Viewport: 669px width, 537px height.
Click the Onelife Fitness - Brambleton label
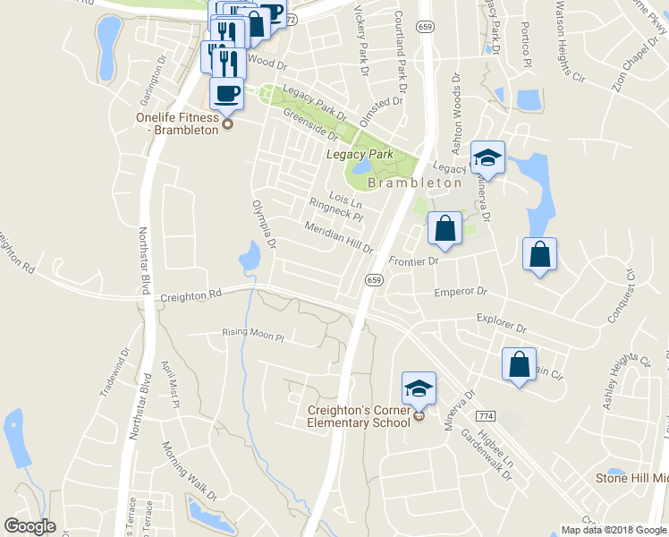coord(177,124)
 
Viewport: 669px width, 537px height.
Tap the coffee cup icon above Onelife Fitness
coord(225,92)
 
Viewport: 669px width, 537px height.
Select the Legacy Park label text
coord(360,155)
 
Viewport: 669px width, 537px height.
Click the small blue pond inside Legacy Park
coord(362,167)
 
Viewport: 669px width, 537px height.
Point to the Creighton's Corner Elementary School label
coord(358,415)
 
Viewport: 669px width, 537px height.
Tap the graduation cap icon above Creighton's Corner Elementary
coord(419,388)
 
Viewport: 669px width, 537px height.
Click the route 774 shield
coord(486,417)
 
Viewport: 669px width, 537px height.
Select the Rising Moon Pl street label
coord(252,337)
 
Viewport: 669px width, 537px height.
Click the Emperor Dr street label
coord(460,292)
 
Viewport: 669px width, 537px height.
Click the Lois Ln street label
coord(344,196)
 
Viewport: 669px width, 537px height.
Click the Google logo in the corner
coord(30,526)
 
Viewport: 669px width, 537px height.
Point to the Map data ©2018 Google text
coord(613,530)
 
